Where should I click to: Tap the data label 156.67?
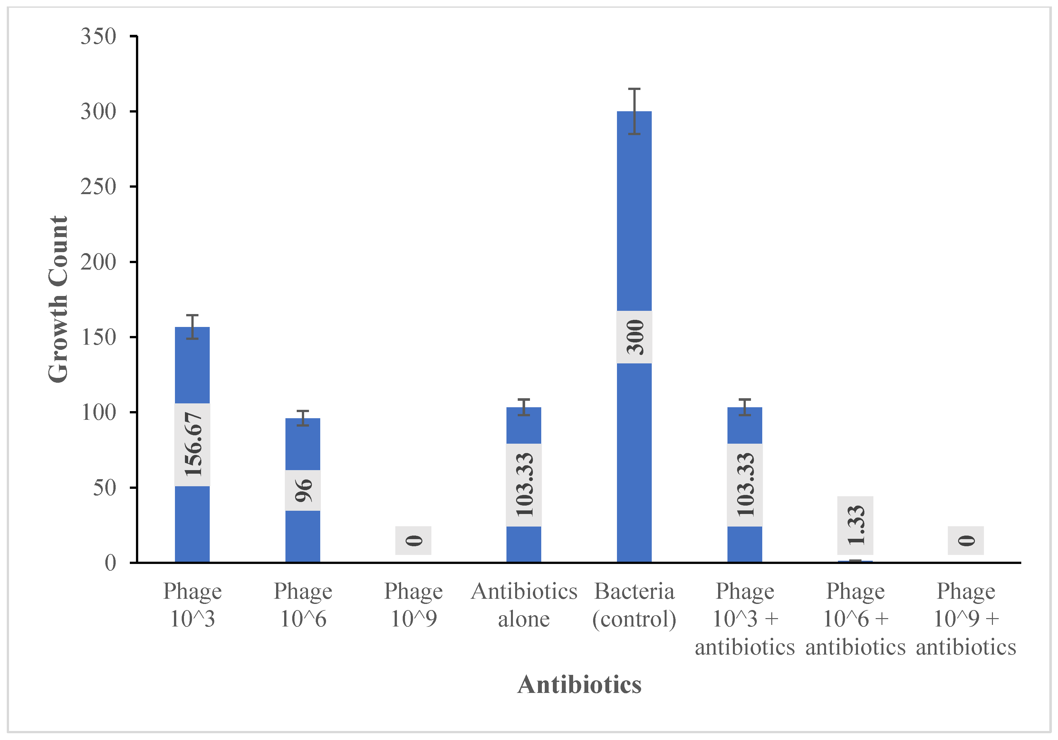click(192, 444)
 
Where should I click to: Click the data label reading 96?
click(303, 490)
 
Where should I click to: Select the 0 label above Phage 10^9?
click(413, 540)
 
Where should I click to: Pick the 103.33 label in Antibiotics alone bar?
click(524, 485)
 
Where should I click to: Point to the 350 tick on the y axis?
click(98, 36)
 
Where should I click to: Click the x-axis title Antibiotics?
click(579, 685)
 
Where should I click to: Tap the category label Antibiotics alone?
click(524, 605)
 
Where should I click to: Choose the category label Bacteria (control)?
click(635, 605)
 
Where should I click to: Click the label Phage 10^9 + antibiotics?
click(966, 619)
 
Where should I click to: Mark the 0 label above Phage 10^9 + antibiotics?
click(966, 540)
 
